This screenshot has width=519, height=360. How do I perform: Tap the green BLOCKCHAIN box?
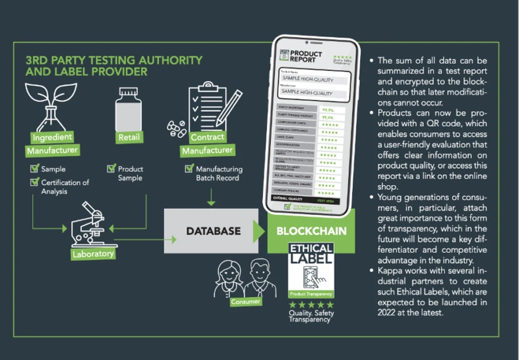[x=311, y=231]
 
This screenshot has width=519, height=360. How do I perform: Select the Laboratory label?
[x=93, y=254]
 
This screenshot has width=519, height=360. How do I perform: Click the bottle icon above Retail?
[x=128, y=108]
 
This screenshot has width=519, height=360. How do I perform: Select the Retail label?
[x=129, y=138]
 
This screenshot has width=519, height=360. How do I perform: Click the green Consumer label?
[x=245, y=301]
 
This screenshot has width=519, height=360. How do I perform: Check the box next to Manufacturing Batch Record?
[x=189, y=168]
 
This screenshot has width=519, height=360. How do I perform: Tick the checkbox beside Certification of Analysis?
[x=35, y=182]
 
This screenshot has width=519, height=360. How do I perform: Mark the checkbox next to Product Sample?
[x=111, y=168]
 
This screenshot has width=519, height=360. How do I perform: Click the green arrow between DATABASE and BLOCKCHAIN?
[x=259, y=231]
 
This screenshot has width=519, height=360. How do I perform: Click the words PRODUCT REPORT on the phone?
[x=306, y=56]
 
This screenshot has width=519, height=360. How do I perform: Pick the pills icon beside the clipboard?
[x=177, y=129]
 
